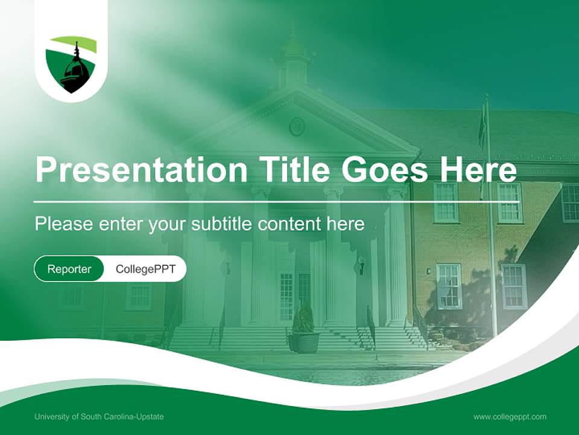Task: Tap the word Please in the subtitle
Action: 62,224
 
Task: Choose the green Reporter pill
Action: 69,269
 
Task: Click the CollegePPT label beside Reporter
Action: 145,269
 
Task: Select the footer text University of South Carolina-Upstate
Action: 99,417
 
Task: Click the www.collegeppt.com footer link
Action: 510,417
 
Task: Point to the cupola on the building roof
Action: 295,57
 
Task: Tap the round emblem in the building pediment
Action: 297,126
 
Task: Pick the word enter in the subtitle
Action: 119,224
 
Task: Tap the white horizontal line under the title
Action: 276,201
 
